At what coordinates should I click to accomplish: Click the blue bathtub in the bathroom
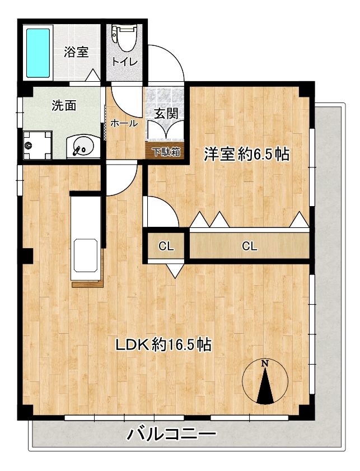click(x=38, y=53)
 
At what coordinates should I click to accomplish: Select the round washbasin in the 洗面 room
click(x=83, y=147)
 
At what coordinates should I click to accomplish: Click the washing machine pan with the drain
click(x=38, y=145)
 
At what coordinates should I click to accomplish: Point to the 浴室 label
click(x=76, y=52)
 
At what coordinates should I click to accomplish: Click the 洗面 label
click(x=64, y=105)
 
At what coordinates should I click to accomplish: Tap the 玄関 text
click(x=166, y=114)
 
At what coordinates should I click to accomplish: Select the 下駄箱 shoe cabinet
click(x=167, y=152)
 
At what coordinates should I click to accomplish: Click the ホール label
click(x=124, y=123)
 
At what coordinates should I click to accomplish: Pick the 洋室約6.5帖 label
click(x=247, y=155)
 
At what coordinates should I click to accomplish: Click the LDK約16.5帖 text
click(x=164, y=344)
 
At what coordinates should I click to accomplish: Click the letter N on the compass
click(x=264, y=363)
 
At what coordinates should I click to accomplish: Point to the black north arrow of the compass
click(x=265, y=385)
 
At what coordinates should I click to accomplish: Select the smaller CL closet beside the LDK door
click(x=166, y=246)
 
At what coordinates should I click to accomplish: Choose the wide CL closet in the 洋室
click(x=250, y=246)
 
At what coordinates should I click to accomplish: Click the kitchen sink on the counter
click(x=85, y=255)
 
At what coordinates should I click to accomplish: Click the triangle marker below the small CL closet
click(x=175, y=271)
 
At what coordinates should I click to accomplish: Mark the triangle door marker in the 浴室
click(x=93, y=75)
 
